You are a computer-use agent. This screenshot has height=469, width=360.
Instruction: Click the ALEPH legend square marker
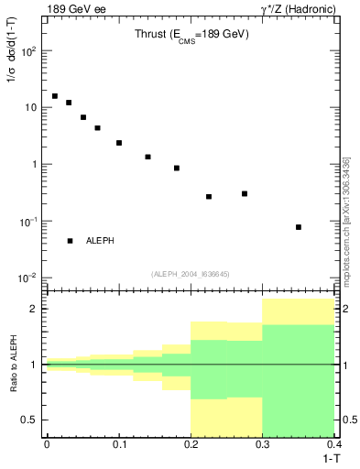70,241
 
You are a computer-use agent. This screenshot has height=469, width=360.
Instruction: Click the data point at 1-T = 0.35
299,227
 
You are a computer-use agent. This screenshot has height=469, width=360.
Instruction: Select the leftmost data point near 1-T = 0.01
55,96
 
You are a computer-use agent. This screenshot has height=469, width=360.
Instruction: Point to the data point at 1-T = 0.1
119,143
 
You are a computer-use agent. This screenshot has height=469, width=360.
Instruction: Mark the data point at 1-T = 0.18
177,169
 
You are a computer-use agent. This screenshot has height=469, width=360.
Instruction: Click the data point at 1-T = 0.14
147,157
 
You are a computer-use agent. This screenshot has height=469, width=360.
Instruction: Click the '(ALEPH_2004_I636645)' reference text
190,274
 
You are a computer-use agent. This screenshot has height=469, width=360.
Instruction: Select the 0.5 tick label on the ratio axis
29,420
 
